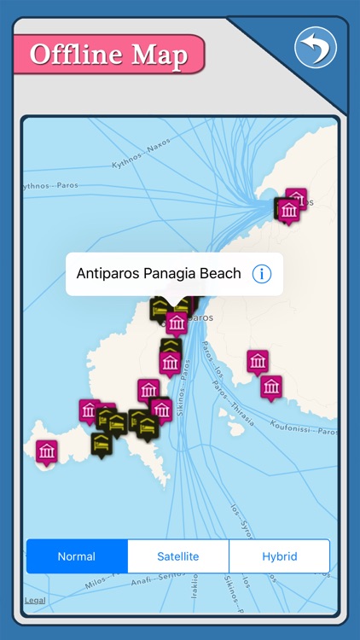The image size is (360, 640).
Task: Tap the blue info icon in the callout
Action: [x=262, y=274]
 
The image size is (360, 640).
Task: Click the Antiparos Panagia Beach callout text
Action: [x=159, y=274]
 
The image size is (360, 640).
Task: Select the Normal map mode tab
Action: [x=77, y=556]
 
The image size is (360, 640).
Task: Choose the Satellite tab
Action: [x=177, y=556]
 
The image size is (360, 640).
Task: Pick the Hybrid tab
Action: [x=279, y=556]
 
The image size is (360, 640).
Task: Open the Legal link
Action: [x=35, y=600]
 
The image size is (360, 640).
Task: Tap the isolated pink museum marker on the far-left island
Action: [x=47, y=451]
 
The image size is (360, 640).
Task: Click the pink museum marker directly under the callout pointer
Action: [x=177, y=323]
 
